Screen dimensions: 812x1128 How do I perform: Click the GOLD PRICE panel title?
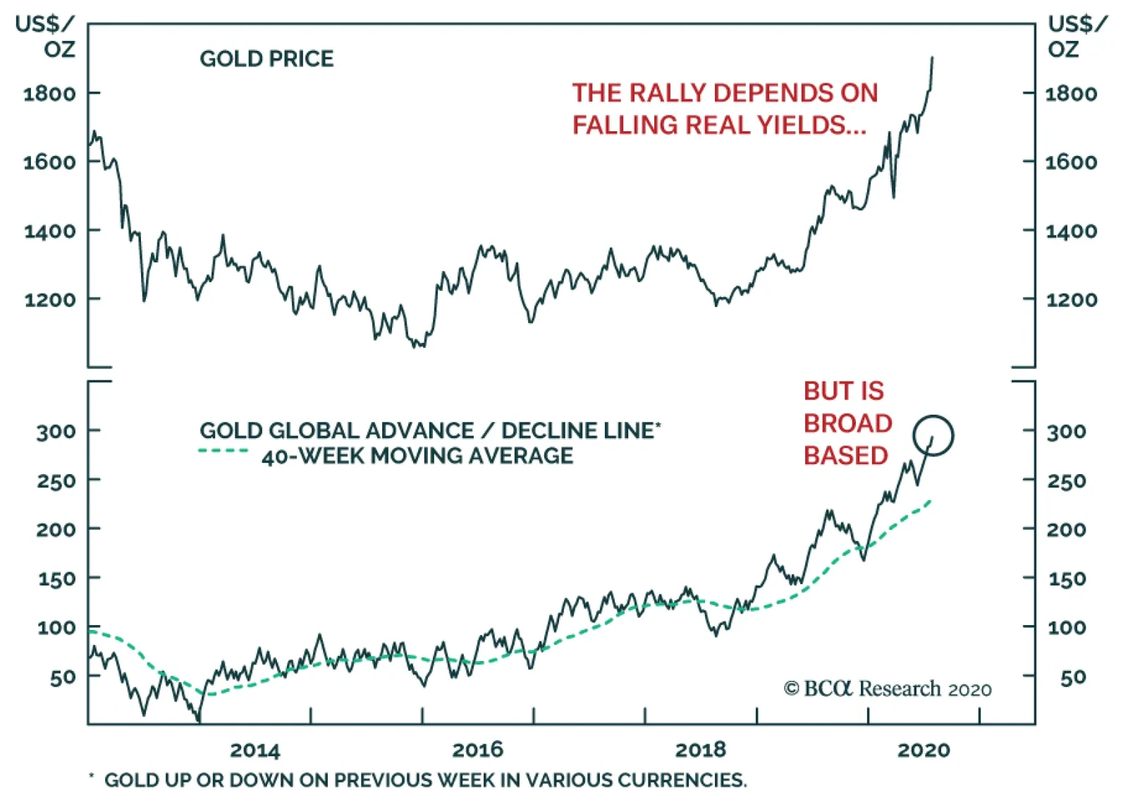(x=266, y=59)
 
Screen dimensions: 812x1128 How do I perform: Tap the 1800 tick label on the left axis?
(x=49, y=94)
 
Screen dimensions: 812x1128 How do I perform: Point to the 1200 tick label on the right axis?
(x=1071, y=300)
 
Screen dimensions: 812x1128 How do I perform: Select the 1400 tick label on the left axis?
(x=49, y=231)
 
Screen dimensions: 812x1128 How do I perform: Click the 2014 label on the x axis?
(x=255, y=750)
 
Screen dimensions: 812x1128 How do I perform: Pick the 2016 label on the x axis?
(x=477, y=750)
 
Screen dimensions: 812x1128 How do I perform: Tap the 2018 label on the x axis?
(x=700, y=750)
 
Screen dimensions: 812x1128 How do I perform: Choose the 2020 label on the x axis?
(x=924, y=750)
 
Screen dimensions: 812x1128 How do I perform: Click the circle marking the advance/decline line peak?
(x=933, y=435)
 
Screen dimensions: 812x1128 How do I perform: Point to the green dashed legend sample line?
(x=223, y=451)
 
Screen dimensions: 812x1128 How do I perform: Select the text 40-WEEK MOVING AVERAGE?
(x=417, y=456)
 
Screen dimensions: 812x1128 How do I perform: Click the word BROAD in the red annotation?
(x=847, y=423)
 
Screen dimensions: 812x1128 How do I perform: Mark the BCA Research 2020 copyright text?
(x=888, y=689)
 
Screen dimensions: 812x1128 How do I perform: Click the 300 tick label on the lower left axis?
(x=56, y=431)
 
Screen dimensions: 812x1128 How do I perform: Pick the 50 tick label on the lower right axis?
(x=1072, y=678)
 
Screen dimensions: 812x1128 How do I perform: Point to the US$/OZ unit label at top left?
(x=45, y=37)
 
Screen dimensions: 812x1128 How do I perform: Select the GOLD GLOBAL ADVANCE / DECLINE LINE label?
(x=430, y=430)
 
